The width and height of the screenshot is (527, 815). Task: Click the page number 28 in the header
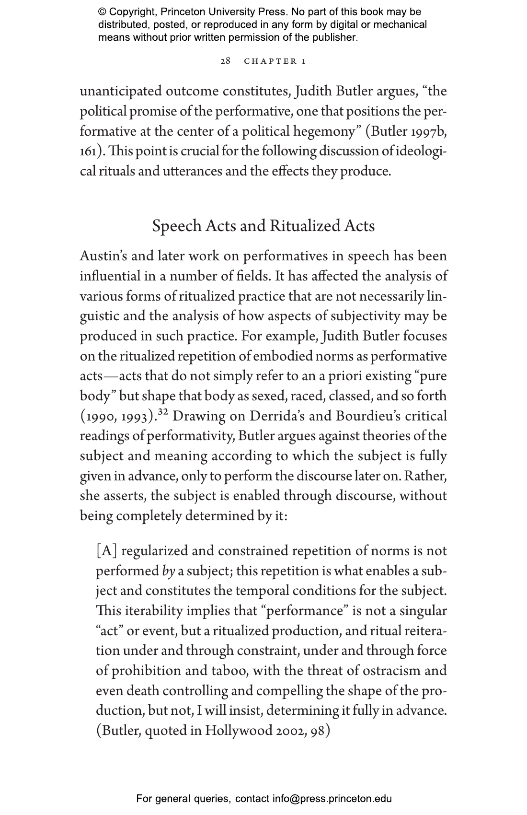225,61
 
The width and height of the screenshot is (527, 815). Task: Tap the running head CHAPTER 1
275,61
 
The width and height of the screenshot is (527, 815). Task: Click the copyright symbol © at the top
102,12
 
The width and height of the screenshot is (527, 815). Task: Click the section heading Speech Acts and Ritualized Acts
263,226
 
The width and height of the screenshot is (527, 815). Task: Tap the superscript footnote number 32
163,413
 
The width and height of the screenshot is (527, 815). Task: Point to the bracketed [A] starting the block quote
106,551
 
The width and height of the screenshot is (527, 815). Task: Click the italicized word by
168,571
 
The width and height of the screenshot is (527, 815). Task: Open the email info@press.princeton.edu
332,799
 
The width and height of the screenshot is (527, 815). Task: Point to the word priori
345,376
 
